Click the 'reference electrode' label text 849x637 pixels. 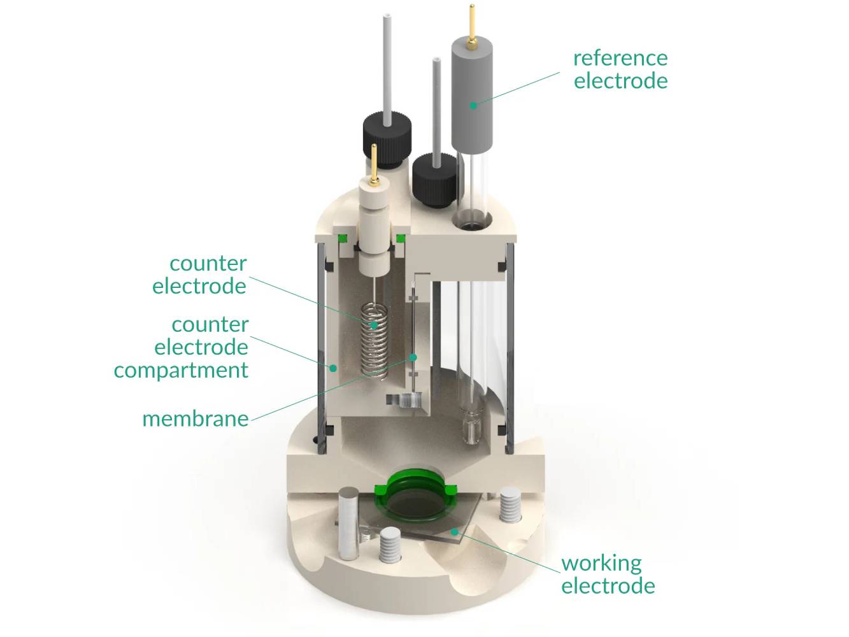click(x=620, y=69)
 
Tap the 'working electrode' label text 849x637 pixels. click(x=608, y=574)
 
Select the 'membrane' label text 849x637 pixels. click(x=195, y=419)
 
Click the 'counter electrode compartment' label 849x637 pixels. click(x=182, y=347)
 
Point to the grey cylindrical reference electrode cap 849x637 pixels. click(x=473, y=96)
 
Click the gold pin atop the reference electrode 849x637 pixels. click(x=471, y=25)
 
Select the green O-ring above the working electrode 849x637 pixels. click(x=414, y=494)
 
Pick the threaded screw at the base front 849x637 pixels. click(x=390, y=547)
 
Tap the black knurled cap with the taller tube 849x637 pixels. click(x=387, y=135)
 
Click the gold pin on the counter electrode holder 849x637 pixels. click(x=374, y=162)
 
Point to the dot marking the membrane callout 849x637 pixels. click(x=413, y=357)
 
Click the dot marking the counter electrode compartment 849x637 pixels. click(x=332, y=368)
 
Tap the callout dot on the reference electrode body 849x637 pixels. click(x=473, y=105)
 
